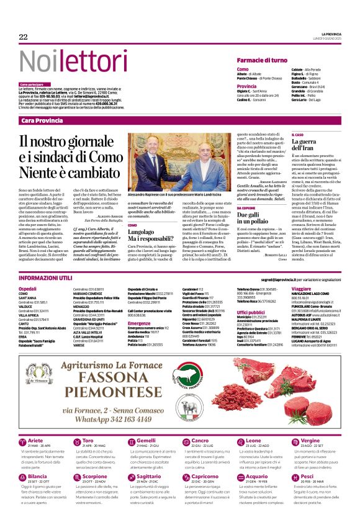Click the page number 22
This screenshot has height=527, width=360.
click(x=24, y=37)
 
